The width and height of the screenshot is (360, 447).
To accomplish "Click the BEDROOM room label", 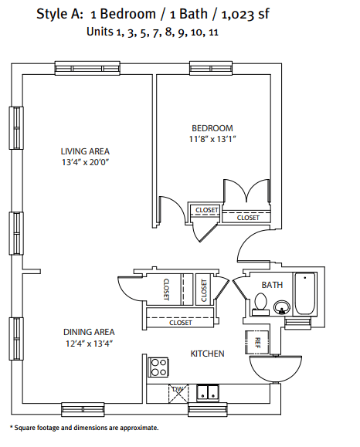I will point(212,128).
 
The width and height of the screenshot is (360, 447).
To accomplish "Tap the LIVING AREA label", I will point(86,151).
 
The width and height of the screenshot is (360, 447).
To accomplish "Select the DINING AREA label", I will point(89,332).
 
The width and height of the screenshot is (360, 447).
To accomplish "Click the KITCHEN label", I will point(207,354).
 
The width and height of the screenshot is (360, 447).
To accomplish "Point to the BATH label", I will point(272,285).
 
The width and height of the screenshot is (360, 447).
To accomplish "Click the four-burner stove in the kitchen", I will point(159,367).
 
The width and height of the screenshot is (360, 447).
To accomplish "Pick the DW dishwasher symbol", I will point(178,391).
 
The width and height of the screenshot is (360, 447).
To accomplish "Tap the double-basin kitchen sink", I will point(207,392).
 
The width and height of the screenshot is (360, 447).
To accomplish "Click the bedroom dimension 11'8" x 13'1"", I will point(212,140).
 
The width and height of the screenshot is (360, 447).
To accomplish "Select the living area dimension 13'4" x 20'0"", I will point(86,162).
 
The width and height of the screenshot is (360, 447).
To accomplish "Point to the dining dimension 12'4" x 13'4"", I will point(89,344).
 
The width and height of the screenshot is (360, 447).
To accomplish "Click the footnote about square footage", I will point(84,427).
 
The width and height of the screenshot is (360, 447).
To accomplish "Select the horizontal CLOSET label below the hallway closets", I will point(180,323).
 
